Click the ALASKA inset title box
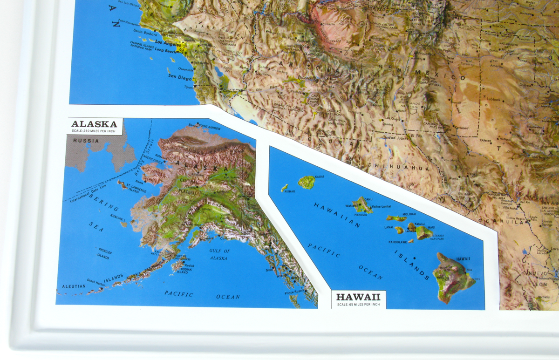[95, 126]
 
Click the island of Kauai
[307, 182]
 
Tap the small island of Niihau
[284, 188]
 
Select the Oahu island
[362, 204]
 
